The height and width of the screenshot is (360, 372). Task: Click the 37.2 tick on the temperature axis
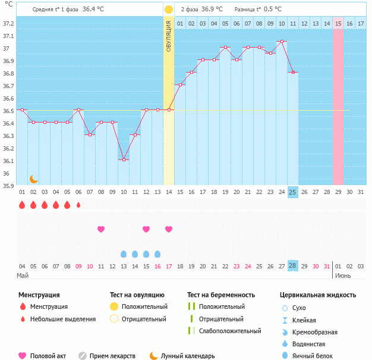tap(8, 23)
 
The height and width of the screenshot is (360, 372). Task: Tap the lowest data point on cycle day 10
tap(124, 159)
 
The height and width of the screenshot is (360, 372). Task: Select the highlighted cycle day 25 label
tap(292, 192)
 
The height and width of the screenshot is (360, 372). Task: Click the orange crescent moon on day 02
tap(34, 179)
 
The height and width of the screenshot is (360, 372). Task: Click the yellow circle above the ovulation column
tap(169, 10)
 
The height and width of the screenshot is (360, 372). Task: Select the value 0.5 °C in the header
tap(273, 10)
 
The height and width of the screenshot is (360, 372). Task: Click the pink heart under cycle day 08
tap(101, 229)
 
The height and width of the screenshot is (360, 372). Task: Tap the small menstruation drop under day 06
tap(78, 205)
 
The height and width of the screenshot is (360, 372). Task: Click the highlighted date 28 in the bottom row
tap(292, 265)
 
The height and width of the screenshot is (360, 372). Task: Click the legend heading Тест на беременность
tap(220, 295)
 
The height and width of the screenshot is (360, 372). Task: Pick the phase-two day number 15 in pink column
tap(338, 23)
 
